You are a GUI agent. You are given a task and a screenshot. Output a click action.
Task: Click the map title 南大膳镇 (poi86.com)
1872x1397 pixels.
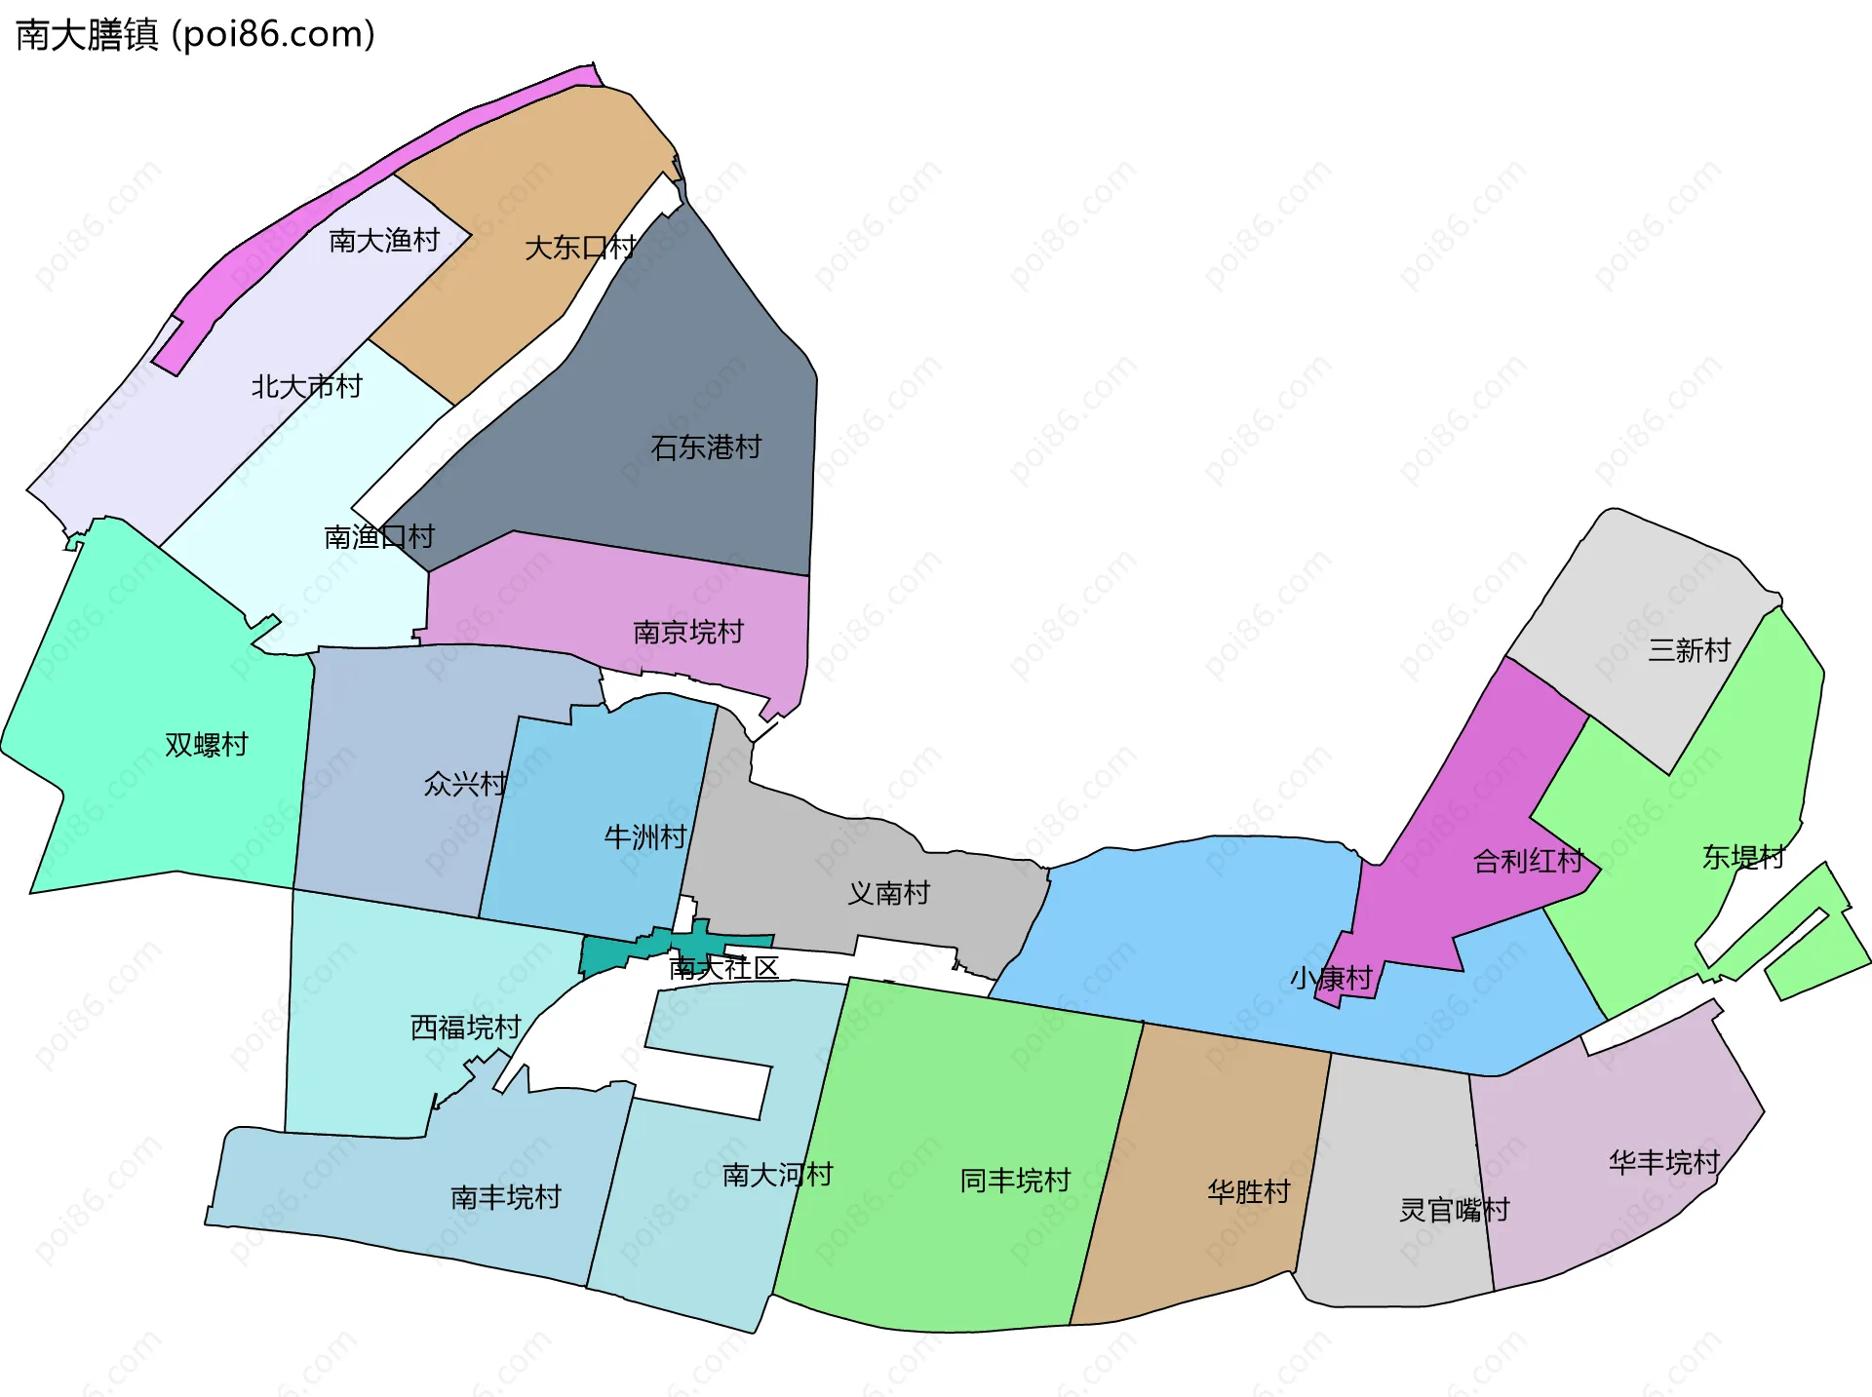tap(195, 35)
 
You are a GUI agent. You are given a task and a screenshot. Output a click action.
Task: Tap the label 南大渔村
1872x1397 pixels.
tap(384, 240)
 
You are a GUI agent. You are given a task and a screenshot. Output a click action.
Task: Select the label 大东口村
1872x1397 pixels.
tap(580, 248)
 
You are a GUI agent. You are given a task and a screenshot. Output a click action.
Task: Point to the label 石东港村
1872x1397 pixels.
tap(706, 447)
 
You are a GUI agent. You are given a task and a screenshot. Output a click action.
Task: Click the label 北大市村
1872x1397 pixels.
tap(306, 387)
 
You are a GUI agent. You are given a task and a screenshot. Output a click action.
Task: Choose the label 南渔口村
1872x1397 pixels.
tap(379, 536)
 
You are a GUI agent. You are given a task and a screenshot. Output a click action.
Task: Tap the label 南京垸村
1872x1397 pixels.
tap(688, 632)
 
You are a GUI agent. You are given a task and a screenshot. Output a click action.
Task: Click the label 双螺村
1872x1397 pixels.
tap(207, 745)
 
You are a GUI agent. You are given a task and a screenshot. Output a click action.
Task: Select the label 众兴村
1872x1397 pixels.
tap(465, 784)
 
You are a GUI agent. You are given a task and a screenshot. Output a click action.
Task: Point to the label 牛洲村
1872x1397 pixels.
tap(645, 836)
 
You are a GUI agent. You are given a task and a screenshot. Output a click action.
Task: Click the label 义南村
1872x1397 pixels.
tap(888, 893)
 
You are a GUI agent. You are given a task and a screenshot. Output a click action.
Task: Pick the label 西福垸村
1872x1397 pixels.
tap(465, 1027)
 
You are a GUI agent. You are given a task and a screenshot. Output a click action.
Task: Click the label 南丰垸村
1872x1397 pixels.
tap(506, 1196)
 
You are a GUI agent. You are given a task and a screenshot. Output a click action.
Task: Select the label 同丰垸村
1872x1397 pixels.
tap(1015, 1181)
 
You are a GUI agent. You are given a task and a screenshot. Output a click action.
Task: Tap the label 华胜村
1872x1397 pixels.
tap(1249, 1191)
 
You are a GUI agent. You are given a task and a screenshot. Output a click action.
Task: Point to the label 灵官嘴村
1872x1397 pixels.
tap(1454, 1210)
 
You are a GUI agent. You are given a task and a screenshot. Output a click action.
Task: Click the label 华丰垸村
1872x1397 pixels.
tap(1664, 1162)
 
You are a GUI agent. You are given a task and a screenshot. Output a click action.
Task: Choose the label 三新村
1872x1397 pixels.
tap(1689, 650)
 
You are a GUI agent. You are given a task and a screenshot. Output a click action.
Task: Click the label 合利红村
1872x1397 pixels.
tap(1528, 861)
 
